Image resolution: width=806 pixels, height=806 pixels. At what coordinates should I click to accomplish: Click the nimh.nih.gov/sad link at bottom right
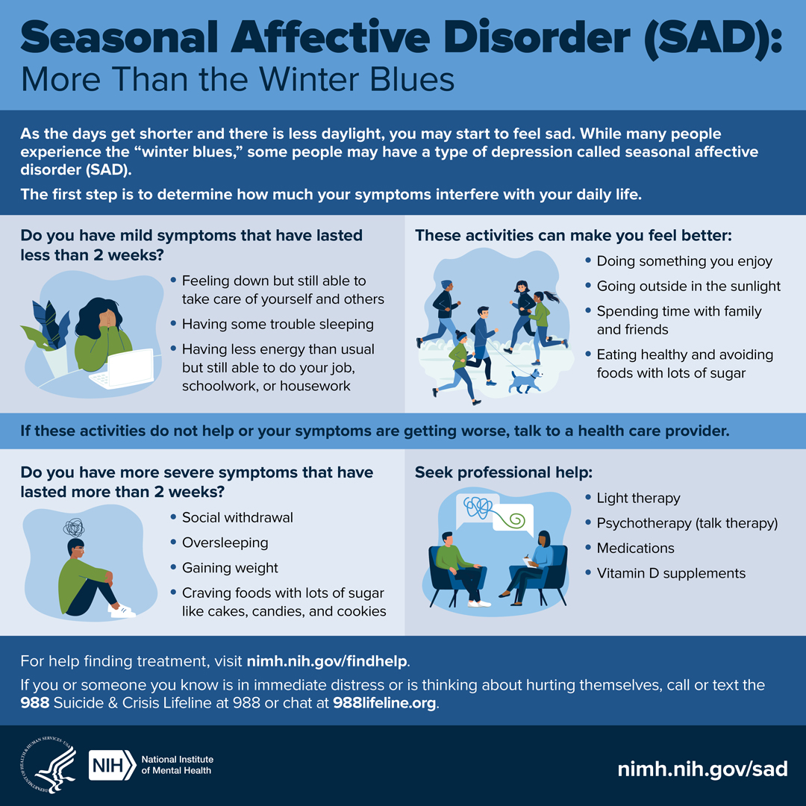click(702, 768)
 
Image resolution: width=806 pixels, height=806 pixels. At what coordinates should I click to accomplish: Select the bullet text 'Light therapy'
click(638, 498)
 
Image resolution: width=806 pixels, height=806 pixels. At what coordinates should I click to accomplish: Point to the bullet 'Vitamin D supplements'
click(670, 573)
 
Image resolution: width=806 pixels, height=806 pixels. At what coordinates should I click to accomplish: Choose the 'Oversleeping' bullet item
click(225, 543)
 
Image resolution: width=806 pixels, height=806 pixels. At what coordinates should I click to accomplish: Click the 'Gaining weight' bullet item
click(230, 568)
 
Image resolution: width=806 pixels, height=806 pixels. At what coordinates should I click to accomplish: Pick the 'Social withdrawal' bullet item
click(237, 517)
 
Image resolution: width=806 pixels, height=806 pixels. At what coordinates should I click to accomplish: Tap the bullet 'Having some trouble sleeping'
click(278, 324)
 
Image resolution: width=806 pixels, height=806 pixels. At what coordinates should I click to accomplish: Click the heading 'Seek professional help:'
click(503, 472)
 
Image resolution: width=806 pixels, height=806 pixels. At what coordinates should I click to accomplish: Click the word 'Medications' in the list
click(635, 548)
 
